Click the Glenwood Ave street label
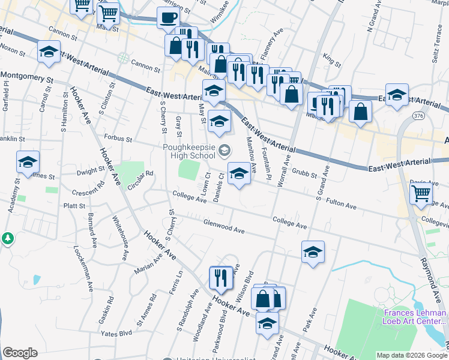tap(224, 226)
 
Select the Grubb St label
tap(304, 173)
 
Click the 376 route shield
tap(418, 115)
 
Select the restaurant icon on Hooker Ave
tap(221, 277)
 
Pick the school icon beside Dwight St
tap(28, 163)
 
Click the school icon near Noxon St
tap(49, 52)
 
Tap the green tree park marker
tap(8, 238)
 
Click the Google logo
tap(20, 353)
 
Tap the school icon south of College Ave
tap(313, 253)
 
